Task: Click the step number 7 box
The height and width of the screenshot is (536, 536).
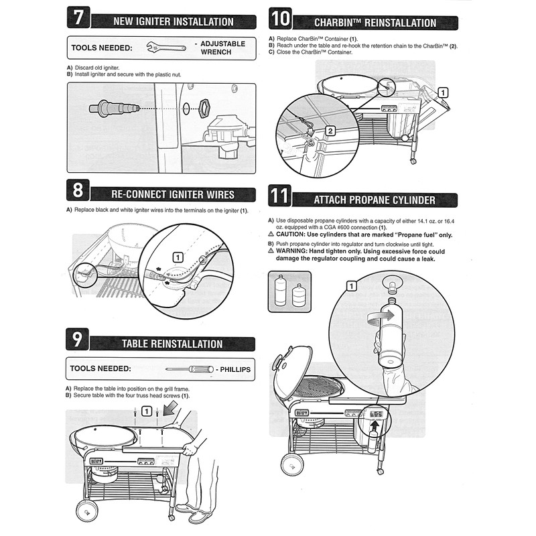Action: [79, 18]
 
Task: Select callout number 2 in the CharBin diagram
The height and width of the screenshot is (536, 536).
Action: [330, 131]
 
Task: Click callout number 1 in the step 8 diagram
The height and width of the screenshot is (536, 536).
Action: [178, 257]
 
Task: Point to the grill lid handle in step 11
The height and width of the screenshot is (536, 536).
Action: [278, 362]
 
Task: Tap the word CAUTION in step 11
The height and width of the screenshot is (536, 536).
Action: [295, 234]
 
